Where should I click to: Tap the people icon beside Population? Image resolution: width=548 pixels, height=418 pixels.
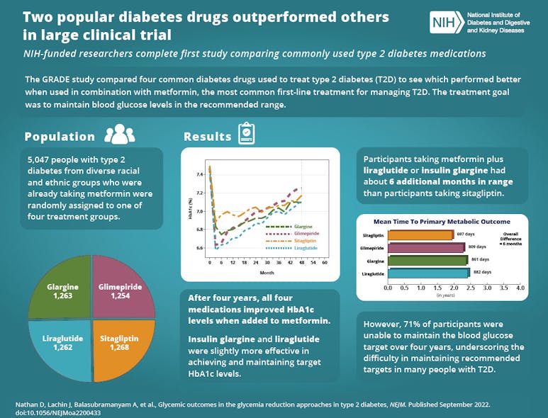(119, 135)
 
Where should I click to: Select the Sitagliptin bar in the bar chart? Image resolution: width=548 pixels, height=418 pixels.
(420, 235)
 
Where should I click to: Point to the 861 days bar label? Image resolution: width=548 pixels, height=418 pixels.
(481, 261)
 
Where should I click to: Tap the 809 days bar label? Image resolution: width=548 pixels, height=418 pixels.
(477, 248)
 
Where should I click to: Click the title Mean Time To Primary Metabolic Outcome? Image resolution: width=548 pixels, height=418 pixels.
(442, 221)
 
